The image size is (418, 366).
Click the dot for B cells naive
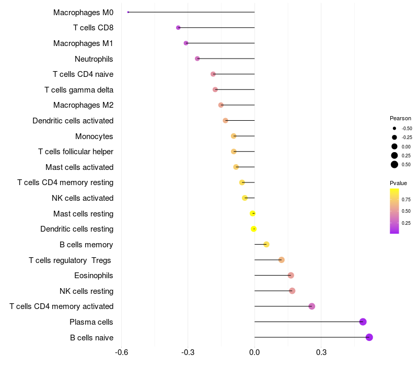[x=369, y=337]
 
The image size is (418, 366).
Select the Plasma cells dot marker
[x=363, y=322]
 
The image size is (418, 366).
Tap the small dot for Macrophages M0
[x=128, y=12]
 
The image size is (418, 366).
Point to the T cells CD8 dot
[x=178, y=28]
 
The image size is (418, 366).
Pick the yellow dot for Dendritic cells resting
[x=253, y=229]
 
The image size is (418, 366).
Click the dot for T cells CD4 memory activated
[x=312, y=306]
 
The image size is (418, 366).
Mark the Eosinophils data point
[x=291, y=276]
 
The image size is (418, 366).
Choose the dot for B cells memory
[x=266, y=244]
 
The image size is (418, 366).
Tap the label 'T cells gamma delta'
[x=79, y=90]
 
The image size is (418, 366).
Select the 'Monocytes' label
[x=94, y=136]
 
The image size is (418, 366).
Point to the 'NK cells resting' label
[x=87, y=291]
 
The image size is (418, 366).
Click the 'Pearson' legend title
[x=400, y=118]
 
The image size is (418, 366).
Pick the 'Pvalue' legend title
[x=398, y=183]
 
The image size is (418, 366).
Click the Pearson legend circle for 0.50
[x=394, y=165]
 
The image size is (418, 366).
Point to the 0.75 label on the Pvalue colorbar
[x=406, y=199]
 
